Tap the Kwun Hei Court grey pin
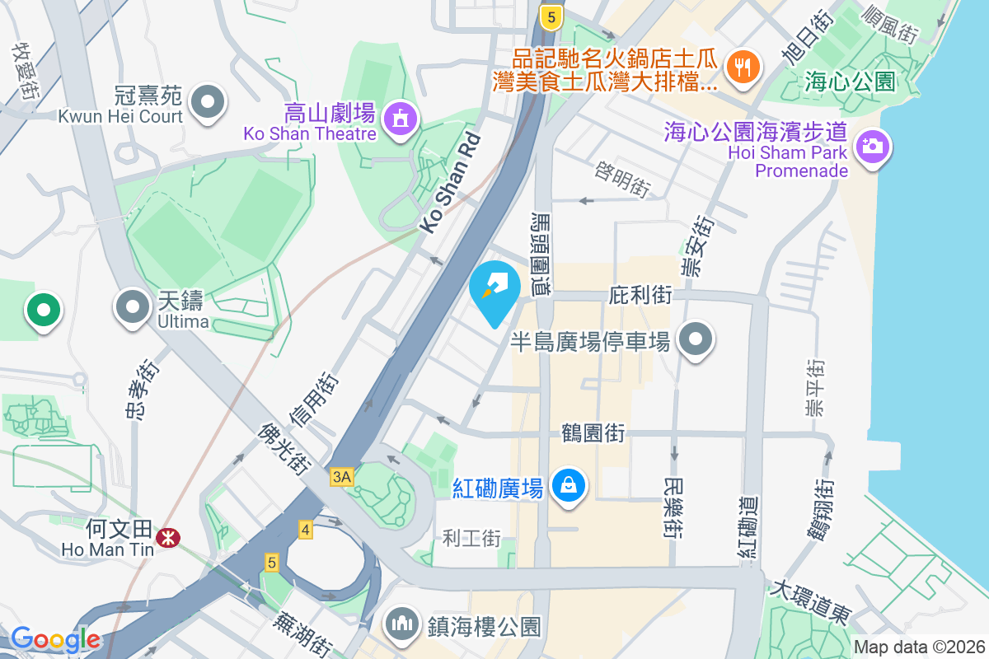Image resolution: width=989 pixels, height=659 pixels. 208,103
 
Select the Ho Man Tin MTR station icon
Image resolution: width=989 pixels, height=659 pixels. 169,538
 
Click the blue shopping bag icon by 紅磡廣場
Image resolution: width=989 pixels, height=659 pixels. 569,485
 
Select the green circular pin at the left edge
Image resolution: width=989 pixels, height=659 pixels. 44,311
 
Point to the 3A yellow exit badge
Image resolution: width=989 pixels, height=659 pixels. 341,476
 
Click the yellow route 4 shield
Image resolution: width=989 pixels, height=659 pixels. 306,530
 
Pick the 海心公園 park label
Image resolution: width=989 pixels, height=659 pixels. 851,81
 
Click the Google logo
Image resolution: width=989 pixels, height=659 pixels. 55,638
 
